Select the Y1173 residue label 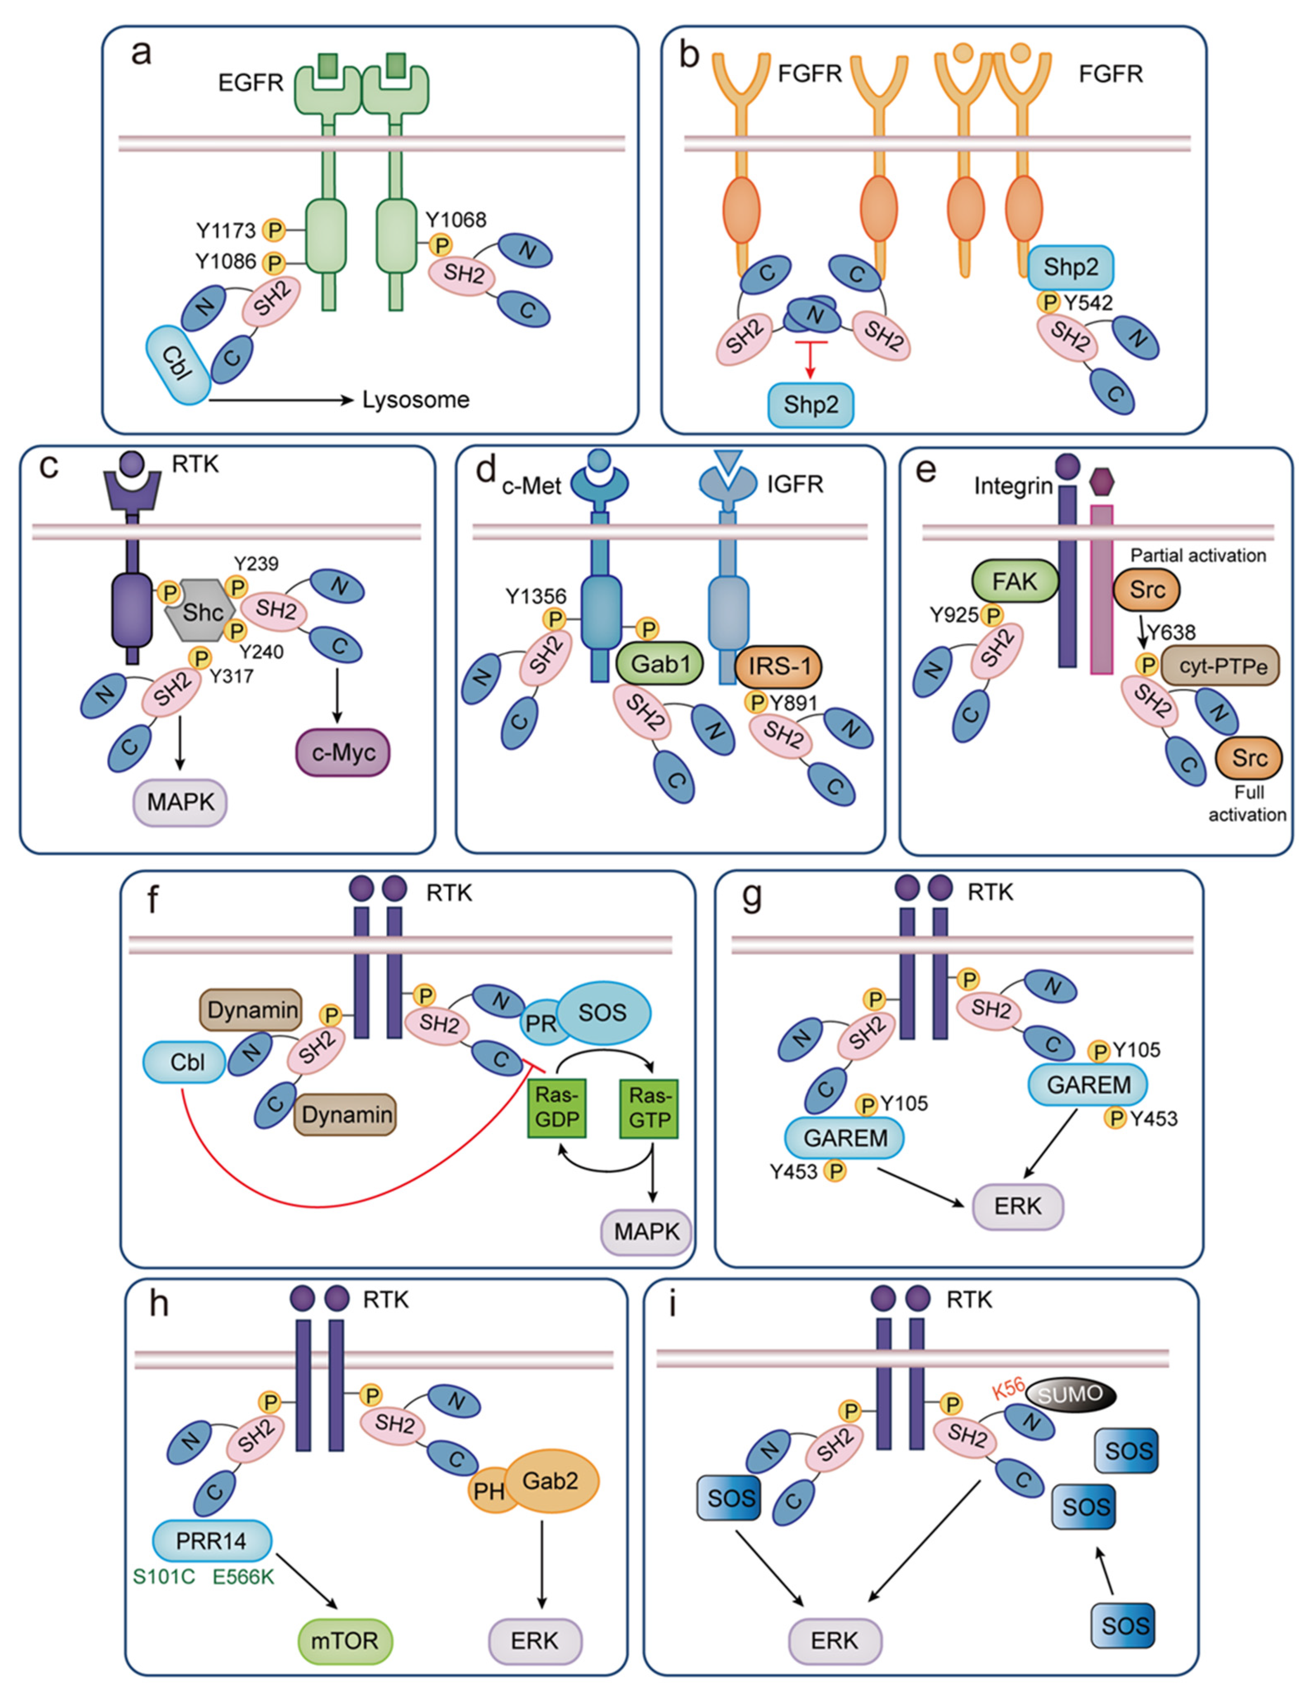tap(225, 231)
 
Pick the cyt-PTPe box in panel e tap(1223, 666)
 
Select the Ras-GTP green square tap(649, 1107)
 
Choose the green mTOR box tap(345, 1641)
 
